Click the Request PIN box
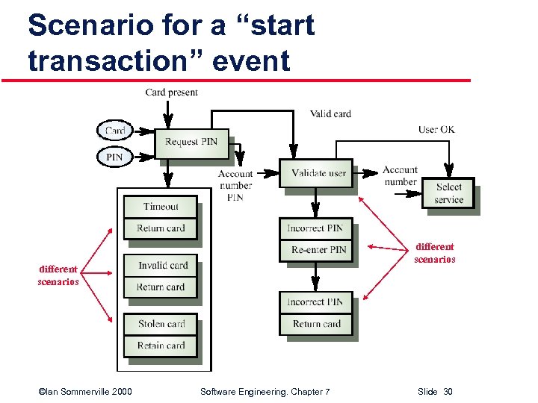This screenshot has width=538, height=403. [x=191, y=142]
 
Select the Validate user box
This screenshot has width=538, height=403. [x=318, y=173]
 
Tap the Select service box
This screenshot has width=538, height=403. [x=448, y=193]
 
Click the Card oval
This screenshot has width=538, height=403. [x=115, y=131]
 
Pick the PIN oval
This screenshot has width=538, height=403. [x=114, y=157]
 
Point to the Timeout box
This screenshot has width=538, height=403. [x=161, y=207]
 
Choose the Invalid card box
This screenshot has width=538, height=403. [x=162, y=266]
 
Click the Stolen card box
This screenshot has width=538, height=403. [x=161, y=324]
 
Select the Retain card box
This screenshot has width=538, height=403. [x=161, y=346]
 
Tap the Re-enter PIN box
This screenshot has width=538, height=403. [x=318, y=249]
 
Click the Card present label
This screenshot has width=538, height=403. [x=171, y=93]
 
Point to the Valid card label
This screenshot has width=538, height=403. [x=330, y=113]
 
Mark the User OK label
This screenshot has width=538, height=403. [x=436, y=130]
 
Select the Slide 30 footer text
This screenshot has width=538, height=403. [x=435, y=392]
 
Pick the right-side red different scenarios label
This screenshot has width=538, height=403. [x=435, y=253]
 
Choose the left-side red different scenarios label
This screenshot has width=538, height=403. [x=58, y=275]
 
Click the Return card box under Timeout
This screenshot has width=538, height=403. [x=161, y=228]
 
